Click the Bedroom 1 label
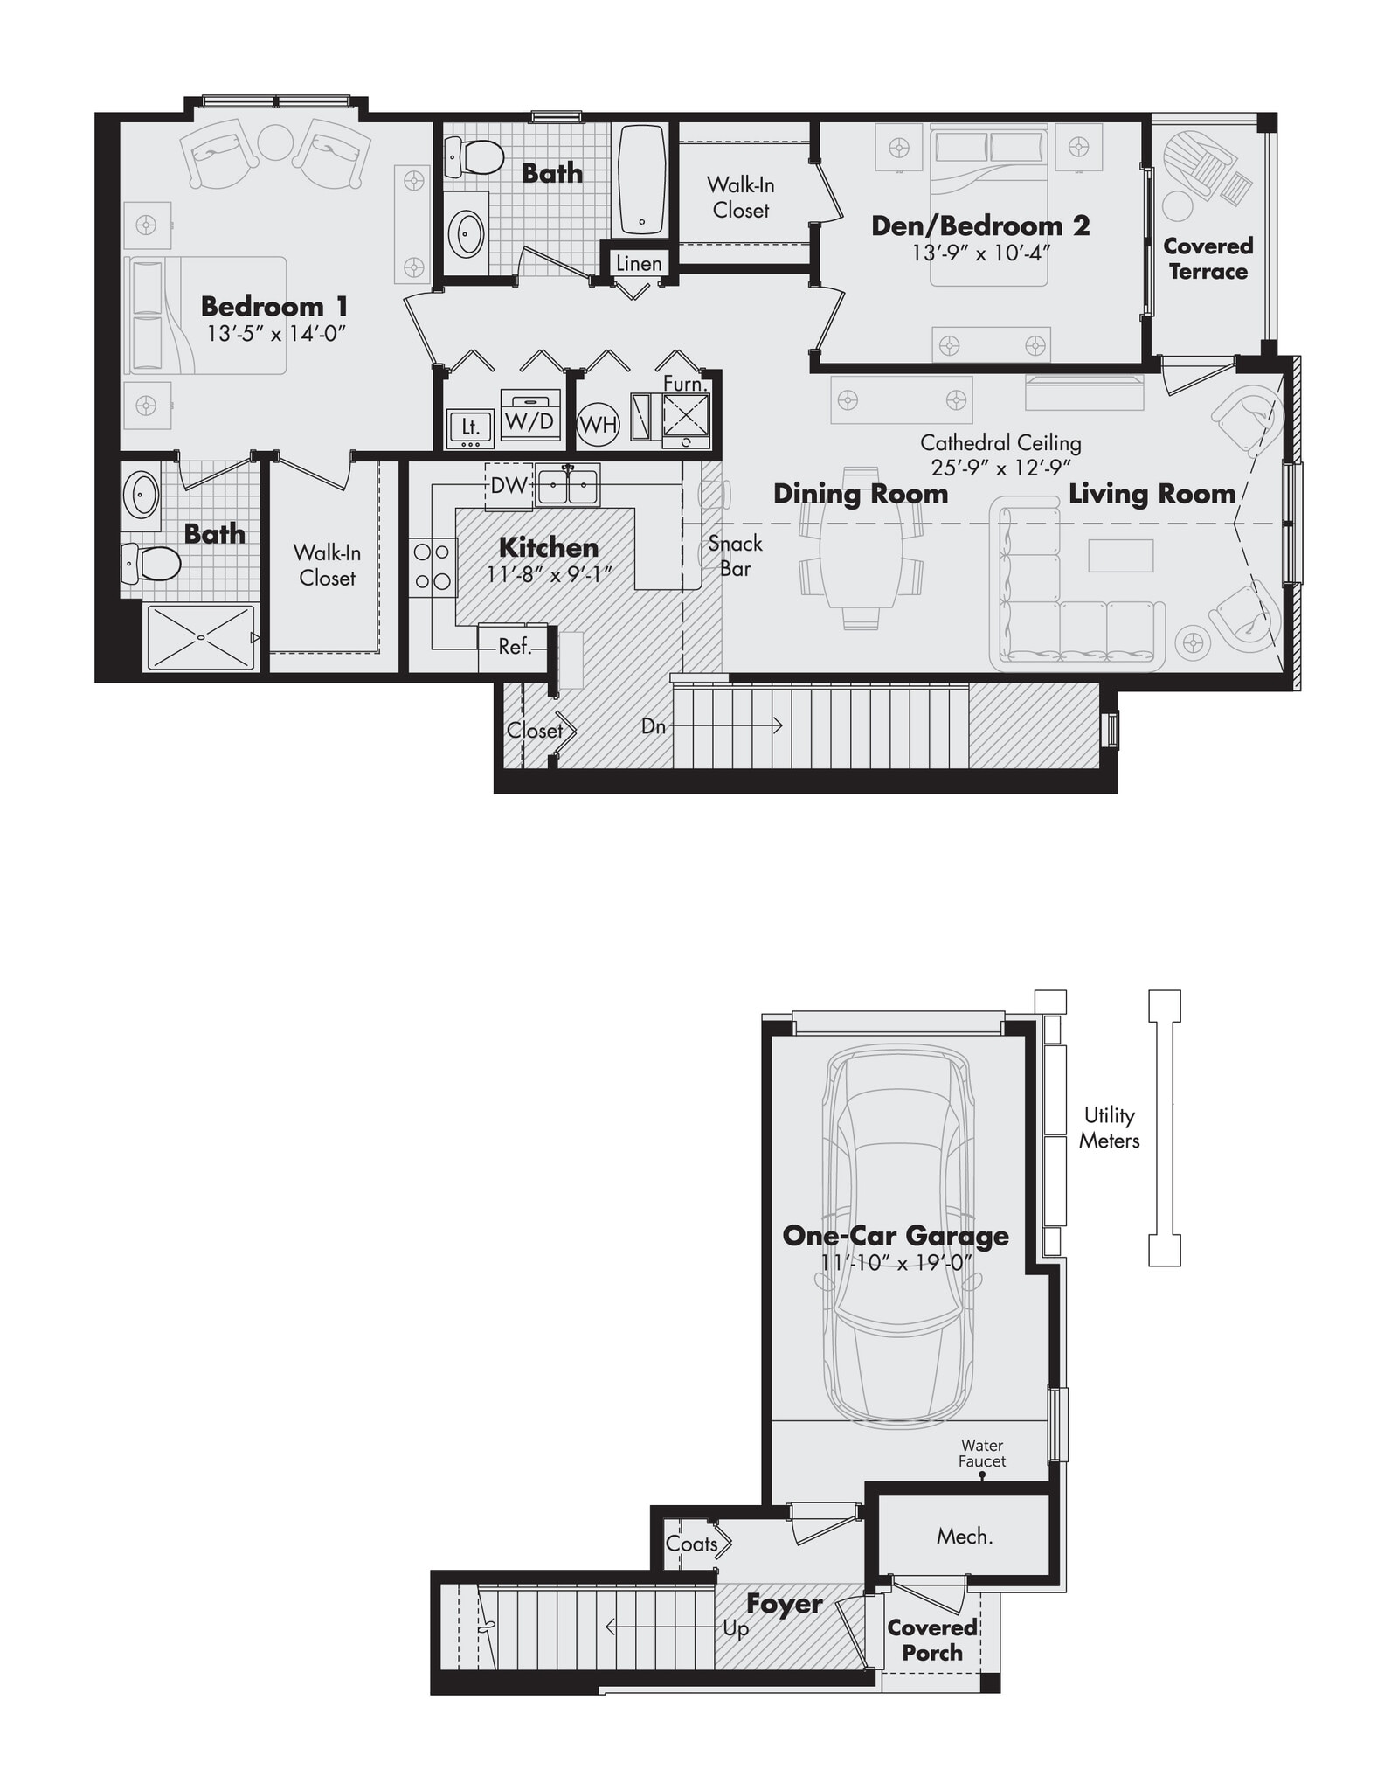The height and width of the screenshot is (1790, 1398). (274, 307)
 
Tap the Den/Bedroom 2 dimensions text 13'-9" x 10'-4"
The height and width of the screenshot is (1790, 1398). (980, 253)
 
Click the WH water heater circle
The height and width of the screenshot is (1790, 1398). (599, 426)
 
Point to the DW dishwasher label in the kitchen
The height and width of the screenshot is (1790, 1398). (509, 486)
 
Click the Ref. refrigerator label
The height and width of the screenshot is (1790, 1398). (515, 647)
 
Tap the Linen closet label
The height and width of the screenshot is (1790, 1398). (639, 263)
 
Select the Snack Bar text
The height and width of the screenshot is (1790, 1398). (735, 556)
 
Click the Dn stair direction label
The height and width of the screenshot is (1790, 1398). (654, 726)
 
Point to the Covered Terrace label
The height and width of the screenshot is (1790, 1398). (1208, 259)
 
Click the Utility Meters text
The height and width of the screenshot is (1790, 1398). (1109, 1127)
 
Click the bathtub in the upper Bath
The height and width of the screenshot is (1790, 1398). (642, 179)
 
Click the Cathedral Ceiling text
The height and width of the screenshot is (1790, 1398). (1000, 443)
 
